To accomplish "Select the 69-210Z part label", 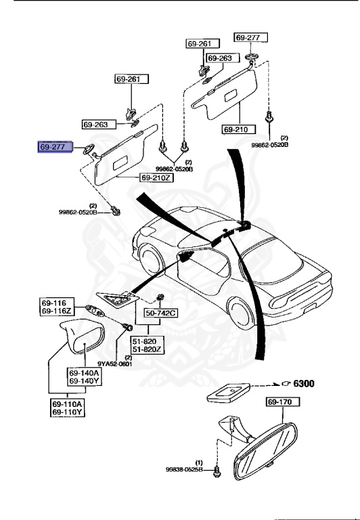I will pos(156,177).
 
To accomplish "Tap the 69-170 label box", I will pos(279,402).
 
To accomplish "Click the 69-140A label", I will pos(83,372).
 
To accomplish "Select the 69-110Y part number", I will pos(68,412).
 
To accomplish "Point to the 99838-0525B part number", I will pos(184,469).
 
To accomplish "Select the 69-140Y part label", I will pos(83,381).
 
